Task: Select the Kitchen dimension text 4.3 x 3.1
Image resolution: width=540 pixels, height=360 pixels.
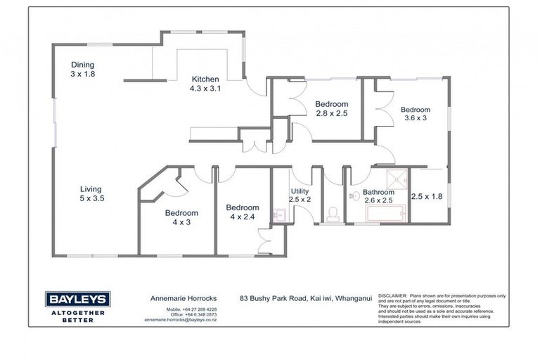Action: tap(205, 89)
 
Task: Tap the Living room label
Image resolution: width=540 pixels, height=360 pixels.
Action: tap(91, 189)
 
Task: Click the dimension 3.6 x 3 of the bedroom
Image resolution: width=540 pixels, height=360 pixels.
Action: tap(416, 120)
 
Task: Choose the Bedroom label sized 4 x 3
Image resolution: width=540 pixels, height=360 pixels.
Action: tap(181, 213)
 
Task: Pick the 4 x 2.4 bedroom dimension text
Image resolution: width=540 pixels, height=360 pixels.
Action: tap(243, 217)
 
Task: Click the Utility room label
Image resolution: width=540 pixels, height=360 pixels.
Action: tap(300, 191)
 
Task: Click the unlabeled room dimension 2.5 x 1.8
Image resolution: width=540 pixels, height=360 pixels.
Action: tap(427, 197)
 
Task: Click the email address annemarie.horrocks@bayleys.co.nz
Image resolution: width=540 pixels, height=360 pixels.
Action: tap(181, 319)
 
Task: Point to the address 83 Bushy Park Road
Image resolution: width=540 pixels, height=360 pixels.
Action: tap(274, 299)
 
